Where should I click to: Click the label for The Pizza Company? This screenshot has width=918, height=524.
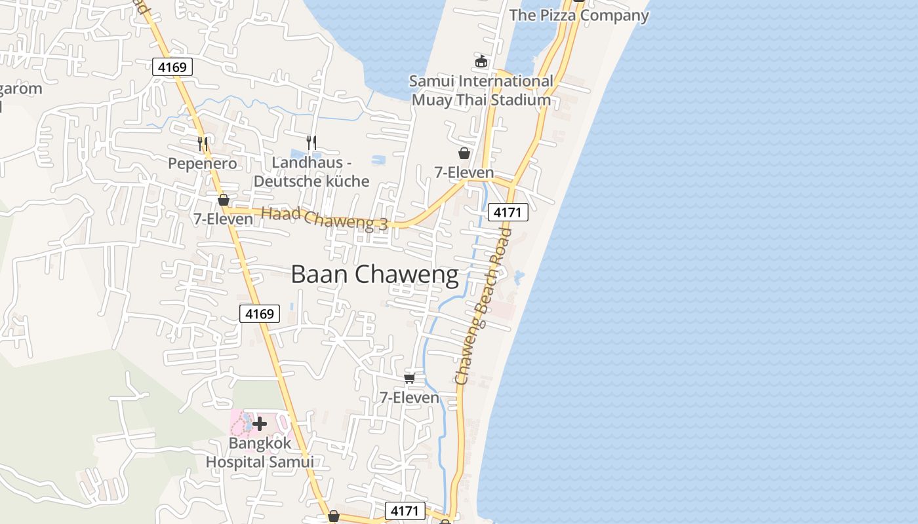[579, 15]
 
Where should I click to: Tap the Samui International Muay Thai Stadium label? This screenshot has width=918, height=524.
[481, 90]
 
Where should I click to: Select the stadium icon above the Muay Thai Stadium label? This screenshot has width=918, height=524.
[481, 62]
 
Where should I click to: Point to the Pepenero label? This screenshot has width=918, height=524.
[202, 163]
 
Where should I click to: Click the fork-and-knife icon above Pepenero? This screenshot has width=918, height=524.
[203, 142]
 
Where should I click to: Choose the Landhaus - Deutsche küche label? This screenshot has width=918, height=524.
[311, 172]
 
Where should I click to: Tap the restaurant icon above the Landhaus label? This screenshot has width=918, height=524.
[311, 141]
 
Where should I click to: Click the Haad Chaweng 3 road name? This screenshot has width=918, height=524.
[325, 219]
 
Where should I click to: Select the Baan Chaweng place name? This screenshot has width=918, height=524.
[374, 274]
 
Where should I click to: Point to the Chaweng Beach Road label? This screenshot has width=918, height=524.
[483, 307]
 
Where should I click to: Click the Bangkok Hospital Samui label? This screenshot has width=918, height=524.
[260, 453]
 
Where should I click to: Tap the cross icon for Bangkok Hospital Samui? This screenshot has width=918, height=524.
[260, 424]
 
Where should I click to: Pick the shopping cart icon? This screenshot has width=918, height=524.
[410, 378]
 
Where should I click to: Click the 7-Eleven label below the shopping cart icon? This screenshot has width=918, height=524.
[410, 397]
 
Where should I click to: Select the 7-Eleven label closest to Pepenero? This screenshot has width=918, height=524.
[223, 219]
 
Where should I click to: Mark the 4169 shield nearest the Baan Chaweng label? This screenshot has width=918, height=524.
[259, 314]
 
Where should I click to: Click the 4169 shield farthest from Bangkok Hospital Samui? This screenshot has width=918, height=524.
[172, 66]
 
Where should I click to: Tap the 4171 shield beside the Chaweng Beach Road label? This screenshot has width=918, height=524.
[508, 212]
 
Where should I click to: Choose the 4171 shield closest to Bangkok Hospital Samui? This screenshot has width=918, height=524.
[405, 510]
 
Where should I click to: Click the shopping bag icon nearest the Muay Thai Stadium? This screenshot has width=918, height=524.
[464, 153]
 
